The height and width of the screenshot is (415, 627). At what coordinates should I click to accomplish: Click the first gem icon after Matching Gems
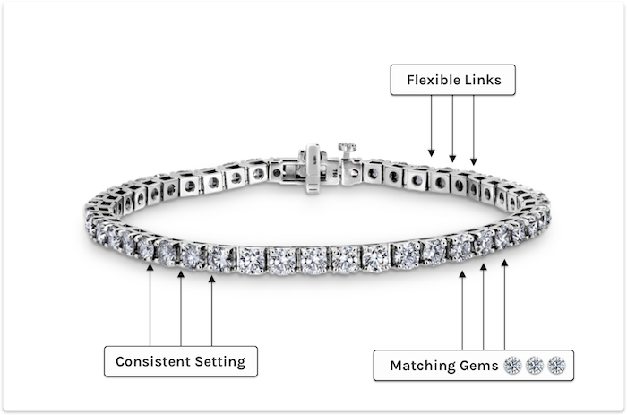point(513,365)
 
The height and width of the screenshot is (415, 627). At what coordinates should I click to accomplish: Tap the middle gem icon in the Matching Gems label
point(535,365)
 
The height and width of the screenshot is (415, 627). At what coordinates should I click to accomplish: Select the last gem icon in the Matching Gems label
point(556,365)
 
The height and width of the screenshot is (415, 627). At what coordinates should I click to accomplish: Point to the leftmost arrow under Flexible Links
point(432,125)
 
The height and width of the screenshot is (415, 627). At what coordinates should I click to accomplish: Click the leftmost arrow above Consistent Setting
point(150,305)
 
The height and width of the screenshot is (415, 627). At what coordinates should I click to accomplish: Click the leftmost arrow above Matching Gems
point(462,309)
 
